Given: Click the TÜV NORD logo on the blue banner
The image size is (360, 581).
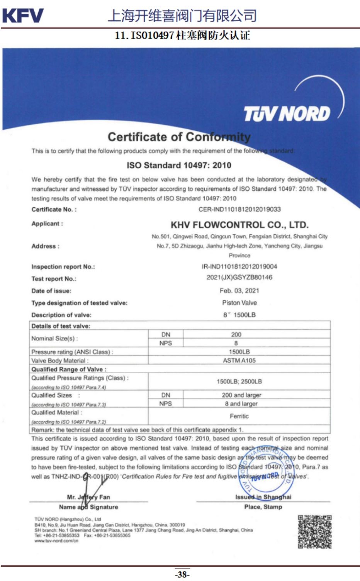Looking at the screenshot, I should pyautogui.click(x=287, y=113).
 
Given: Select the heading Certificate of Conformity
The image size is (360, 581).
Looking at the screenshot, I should pyautogui.click(x=179, y=137).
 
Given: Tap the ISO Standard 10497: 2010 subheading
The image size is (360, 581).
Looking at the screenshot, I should pyautogui.click(x=179, y=165).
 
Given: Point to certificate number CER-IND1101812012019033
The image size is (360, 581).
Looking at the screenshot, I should pyautogui.click(x=239, y=209).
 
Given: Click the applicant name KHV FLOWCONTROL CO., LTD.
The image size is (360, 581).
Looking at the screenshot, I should pyautogui.click(x=239, y=225).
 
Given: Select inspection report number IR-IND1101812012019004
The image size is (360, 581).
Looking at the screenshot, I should pyautogui.click(x=239, y=266).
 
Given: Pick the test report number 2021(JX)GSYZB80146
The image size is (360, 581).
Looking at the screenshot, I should pyautogui.click(x=239, y=277).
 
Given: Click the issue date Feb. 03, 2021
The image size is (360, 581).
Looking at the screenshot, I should pyautogui.click(x=239, y=290).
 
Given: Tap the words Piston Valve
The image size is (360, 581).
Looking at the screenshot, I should pyautogui.click(x=239, y=303).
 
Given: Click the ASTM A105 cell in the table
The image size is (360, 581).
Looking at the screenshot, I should pyautogui.click(x=239, y=360).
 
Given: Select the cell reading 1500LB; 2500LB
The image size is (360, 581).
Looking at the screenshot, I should pyautogui.click(x=239, y=381).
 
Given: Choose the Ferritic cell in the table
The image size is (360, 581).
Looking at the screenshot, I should pyautogui.click(x=239, y=416).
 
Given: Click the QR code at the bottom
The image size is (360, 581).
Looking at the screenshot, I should pyautogui.click(x=314, y=531).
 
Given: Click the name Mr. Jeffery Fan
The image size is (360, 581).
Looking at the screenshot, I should pyautogui.click(x=88, y=497).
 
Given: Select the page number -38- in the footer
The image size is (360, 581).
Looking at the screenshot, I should pyautogui.click(x=182, y=574).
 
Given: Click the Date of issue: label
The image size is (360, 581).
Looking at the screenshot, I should pyautogui.click(x=51, y=291).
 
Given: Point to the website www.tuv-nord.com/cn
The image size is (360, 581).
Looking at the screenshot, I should pyautogui.click(x=56, y=540).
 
